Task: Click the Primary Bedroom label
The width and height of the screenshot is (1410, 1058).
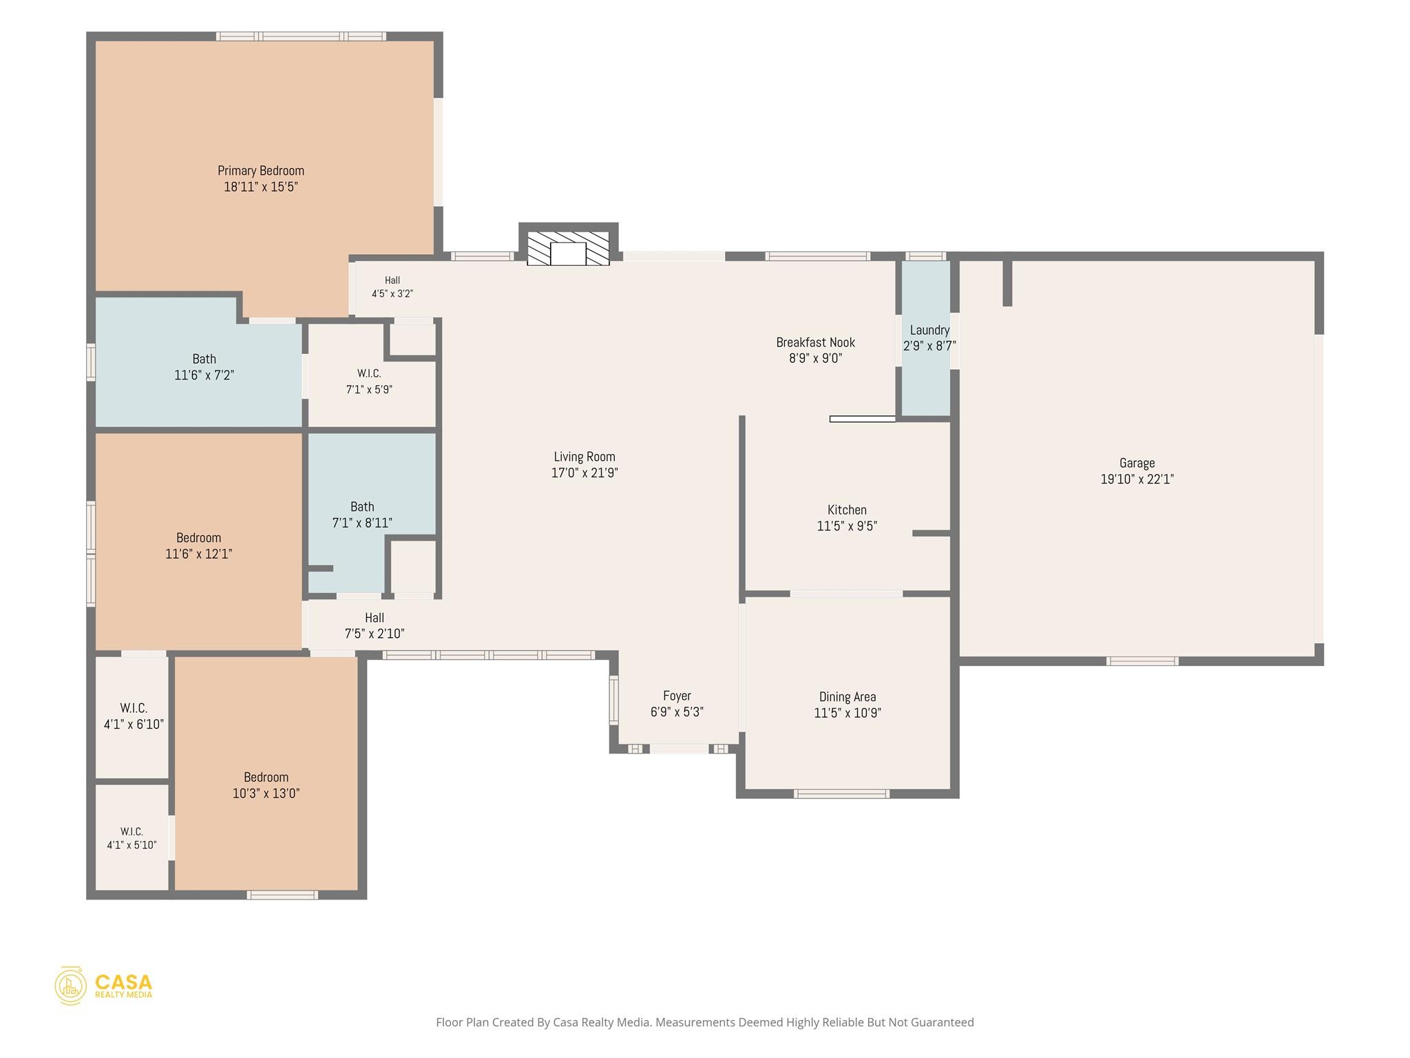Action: (261, 178)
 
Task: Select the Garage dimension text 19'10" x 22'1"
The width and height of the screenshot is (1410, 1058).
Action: (1137, 479)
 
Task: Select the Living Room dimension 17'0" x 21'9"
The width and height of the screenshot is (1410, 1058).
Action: (585, 473)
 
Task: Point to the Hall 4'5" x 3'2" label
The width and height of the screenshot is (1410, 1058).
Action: (392, 287)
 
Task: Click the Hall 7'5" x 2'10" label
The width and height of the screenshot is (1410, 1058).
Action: (375, 625)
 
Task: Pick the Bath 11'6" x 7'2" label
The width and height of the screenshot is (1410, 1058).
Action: (204, 367)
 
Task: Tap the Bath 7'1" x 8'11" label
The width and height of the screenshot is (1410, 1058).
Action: (362, 515)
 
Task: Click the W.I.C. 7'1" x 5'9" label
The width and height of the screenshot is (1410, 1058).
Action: (369, 381)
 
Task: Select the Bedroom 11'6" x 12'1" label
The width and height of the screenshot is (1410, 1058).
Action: (198, 546)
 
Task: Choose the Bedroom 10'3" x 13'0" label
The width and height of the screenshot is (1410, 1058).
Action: (266, 785)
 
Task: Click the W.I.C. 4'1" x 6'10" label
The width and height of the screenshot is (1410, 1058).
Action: (134, 716)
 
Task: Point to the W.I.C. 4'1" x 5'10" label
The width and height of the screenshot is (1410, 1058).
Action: (131, 838)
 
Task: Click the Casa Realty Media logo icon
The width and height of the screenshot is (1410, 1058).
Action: (70, 986)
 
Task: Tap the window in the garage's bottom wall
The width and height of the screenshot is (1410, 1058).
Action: (1142, 661)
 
